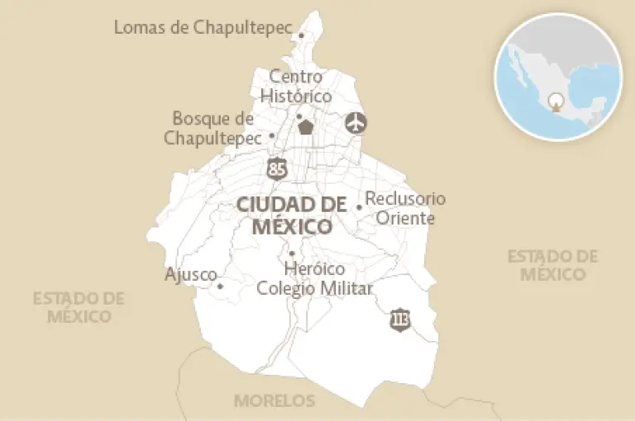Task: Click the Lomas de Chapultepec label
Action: (x=203, y=27)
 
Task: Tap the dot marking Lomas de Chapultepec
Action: (x=301, y=35)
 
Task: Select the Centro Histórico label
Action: (x=296, y=87)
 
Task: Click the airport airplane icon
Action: (x=356, y=123)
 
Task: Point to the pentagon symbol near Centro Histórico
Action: (x=307, y=127)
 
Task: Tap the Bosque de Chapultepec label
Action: (x=212, y=129)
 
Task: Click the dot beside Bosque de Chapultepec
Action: (x=272, y=136)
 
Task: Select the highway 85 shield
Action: (x=278, y=168)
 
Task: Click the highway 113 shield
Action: (x=400, y=319)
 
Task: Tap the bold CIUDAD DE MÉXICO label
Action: (x=291, y=215)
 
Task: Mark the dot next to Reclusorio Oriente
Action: (x=359, y=207)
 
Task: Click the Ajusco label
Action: (x=190, y=275)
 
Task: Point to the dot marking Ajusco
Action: (x=220, y=286)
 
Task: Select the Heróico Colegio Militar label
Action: (x=314, y=279)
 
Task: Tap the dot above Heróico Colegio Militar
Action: (x=291, y=253)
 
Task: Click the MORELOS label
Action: (x=275, y=401)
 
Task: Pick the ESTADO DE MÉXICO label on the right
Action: (x=552, y=265)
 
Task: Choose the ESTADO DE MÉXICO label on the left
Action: (x=79, y=307)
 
